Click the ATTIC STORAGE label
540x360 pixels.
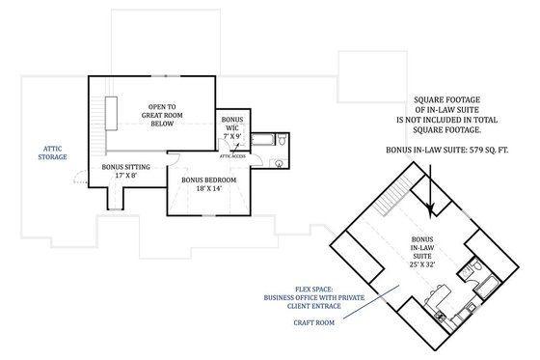click(54, 150)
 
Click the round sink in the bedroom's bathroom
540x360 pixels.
click(278, 164)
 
